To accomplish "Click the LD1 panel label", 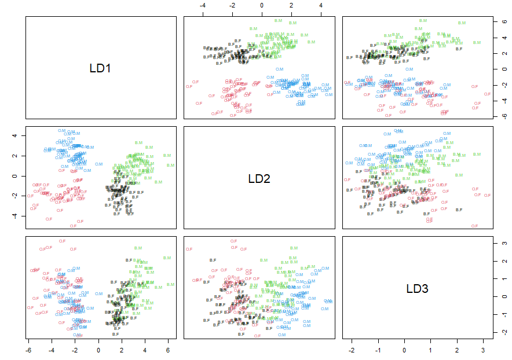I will [100, 68].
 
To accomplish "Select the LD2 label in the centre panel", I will [259, 179].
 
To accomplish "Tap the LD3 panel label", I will [417, 289].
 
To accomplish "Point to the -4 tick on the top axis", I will [203, 5].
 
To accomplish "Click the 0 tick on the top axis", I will [262, 5].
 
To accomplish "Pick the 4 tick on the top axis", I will [321, 5].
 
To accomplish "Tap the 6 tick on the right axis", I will [503, 21].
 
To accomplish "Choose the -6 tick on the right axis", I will [503, 116].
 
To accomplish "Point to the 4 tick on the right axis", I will [503, 38].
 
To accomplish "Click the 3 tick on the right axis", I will [503, 244].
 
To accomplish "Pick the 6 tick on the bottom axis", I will [168, 351].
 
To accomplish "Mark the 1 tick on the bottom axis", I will [431, 351].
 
